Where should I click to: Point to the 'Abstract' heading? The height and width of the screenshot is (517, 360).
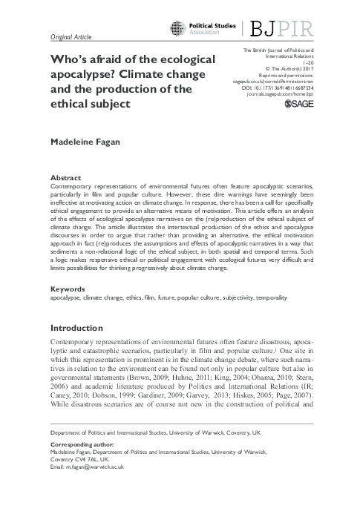click(x=66, y=179)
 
